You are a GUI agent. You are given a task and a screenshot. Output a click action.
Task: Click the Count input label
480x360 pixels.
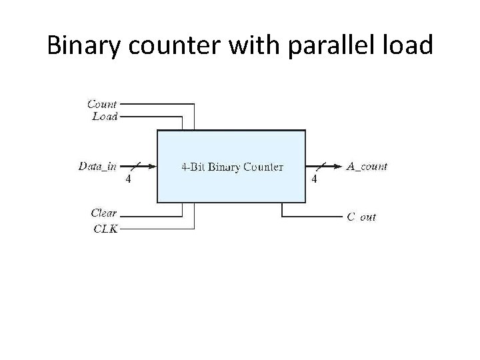coord(102,104)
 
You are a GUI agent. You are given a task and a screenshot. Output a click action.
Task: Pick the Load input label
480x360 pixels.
coord(105,116)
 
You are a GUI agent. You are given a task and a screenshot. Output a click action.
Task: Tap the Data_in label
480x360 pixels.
coord(97,166)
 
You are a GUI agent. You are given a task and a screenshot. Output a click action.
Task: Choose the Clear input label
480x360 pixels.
coord(104,213)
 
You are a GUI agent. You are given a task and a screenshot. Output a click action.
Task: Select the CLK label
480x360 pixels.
coord(105,229)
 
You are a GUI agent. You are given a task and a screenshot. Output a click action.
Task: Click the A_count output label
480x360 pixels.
coord(367,166)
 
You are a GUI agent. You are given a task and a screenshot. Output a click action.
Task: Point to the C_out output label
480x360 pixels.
coord(362,217)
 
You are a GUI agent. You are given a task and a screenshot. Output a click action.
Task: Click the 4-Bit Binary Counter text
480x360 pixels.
coord(232,166)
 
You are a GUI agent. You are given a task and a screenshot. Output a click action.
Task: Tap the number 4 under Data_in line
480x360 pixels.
coord(129,179)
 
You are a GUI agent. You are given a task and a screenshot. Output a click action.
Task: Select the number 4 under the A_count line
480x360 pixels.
coord(315,179)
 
